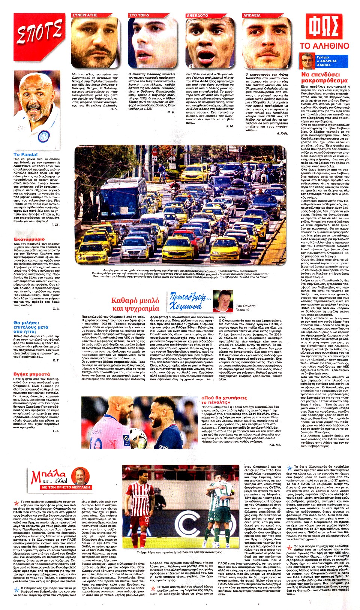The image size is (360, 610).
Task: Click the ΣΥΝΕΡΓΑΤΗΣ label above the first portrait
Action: coord(85,15)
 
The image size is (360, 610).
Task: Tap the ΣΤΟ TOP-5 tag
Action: coord(139,15)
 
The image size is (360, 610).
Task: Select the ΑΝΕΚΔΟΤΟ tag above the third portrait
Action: coord(198,15)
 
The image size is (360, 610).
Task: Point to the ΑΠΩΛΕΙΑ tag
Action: coord(252,15)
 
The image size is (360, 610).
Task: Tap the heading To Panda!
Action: coord(25,154)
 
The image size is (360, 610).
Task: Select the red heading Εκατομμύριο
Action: coord(29,239)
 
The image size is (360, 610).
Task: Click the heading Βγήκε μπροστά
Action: coord(31,374)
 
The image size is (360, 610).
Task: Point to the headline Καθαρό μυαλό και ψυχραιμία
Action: coord(135,305)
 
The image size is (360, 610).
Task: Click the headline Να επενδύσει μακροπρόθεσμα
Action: coord(324,78)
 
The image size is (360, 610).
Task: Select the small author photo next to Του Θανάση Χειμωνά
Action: coord(223,301)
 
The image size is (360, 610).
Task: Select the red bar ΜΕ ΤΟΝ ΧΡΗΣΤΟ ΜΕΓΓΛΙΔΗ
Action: coord(66,487)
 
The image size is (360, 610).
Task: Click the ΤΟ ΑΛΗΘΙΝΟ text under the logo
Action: coord(324,46)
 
